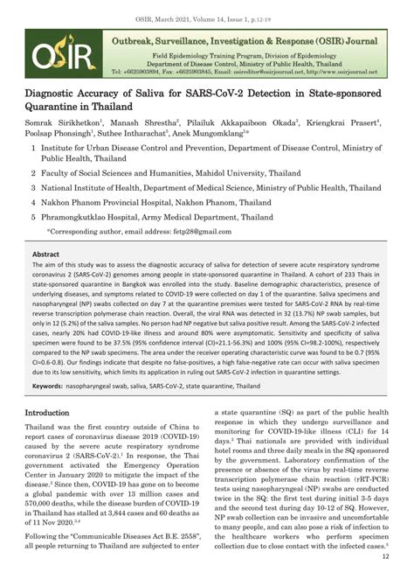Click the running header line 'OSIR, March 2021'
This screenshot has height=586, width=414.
207,9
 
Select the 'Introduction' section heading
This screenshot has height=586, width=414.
52,412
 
